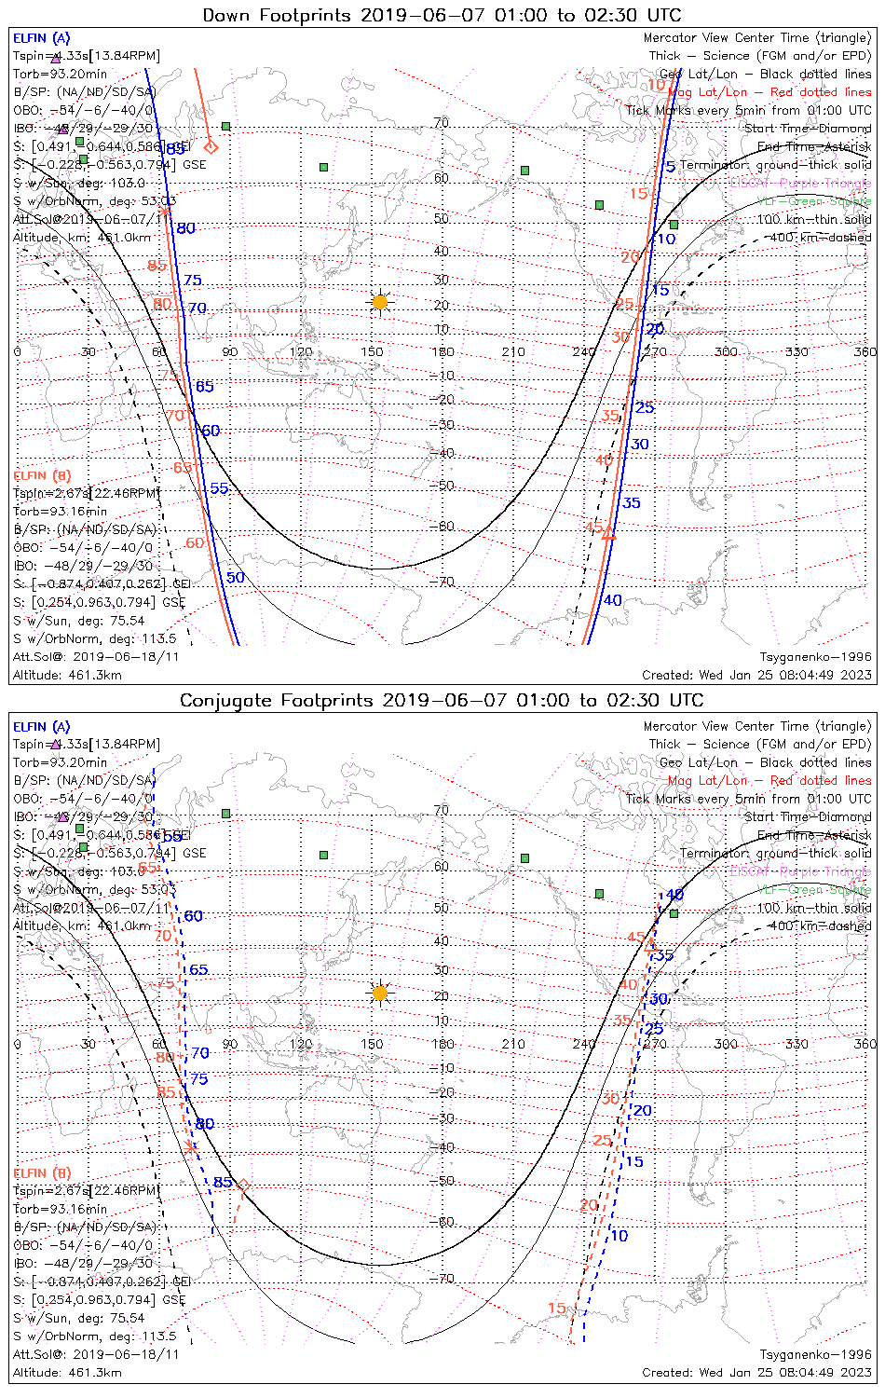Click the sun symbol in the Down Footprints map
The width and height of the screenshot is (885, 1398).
379,302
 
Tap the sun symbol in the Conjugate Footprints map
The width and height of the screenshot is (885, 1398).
379,993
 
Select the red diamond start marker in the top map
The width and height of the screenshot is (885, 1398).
211,146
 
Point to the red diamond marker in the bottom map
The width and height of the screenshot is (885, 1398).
243,1186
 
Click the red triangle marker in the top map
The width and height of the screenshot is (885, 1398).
609,534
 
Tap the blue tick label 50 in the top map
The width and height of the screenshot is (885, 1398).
235,578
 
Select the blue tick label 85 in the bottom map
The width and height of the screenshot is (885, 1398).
223,1183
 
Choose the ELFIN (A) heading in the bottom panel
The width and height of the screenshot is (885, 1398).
42,727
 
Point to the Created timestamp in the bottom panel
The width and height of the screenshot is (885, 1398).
756,1372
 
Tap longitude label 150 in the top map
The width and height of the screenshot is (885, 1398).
372,351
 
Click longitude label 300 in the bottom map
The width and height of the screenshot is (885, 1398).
726,1044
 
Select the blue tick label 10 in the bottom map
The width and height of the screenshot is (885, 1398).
619,1236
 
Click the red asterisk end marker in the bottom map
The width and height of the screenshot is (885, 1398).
191,1147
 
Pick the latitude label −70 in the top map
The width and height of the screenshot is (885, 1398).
445,582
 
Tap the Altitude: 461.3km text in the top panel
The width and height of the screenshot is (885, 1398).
67,675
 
